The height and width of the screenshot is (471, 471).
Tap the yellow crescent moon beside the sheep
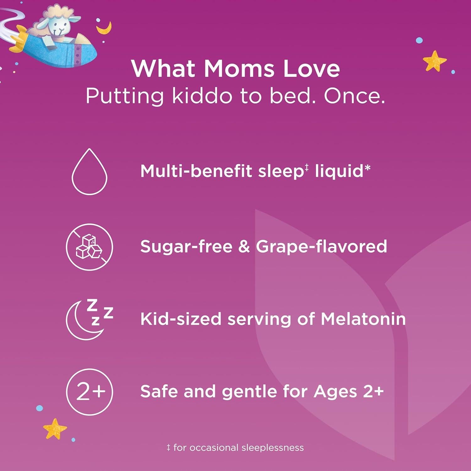(103, 28)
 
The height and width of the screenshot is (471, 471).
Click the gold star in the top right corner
(434, 60)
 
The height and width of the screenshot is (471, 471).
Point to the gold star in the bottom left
(55, 428)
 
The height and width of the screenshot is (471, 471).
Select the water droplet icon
(89, 172)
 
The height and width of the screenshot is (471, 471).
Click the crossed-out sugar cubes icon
(89, 247)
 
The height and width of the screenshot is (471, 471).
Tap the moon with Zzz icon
(89, 319)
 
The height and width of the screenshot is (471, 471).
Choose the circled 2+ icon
(89, 392)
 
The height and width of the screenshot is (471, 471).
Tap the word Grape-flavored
(321, 246)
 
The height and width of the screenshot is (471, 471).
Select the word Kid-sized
(181, 319)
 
